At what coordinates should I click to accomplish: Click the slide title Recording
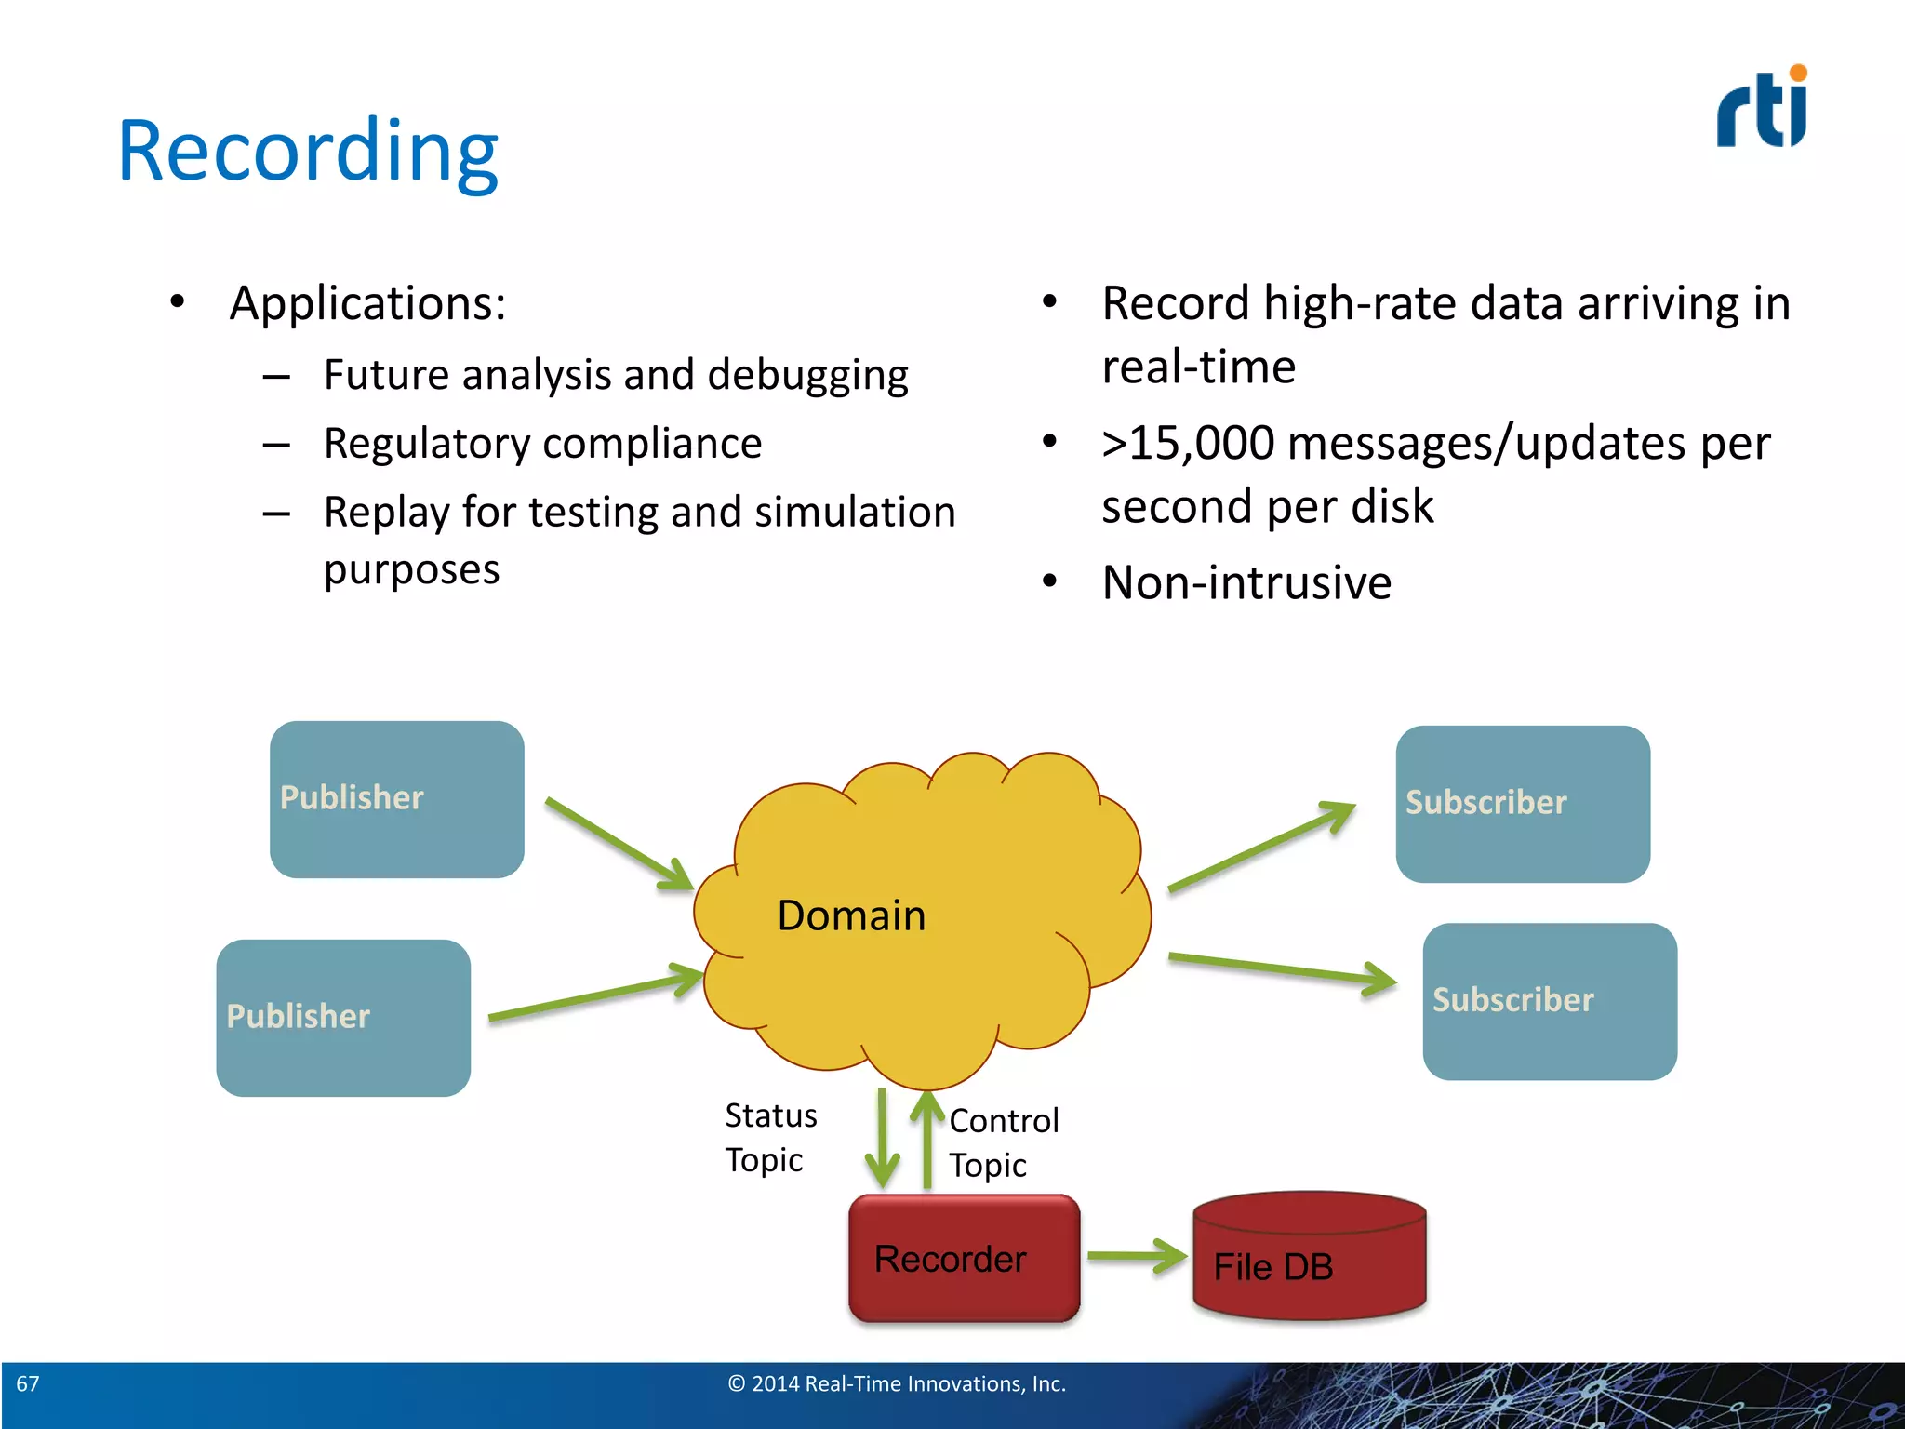(x=308, y=152)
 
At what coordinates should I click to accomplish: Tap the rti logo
(x=1762, y=108)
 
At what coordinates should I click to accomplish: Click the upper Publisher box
(x=396, y=799)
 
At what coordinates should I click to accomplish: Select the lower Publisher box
(x=343, y=1018)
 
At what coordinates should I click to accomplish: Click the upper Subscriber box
(x=1523, y=804)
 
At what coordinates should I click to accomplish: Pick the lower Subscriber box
(x=1550, y=1001)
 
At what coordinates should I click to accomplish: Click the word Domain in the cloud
(x=851, y=915)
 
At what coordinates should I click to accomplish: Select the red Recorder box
(x=964, y=1259)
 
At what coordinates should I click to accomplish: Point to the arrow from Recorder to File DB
(x=1137, y=1256)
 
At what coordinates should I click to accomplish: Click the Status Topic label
(x=770, y=1137)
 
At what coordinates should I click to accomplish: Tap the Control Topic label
(x=1003, y=1142)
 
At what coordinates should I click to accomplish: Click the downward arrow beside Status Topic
(x=882, y=1141)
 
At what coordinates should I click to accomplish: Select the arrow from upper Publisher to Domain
(x=618, y=843)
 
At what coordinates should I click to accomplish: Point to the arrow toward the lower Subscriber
(x=1282, y=969)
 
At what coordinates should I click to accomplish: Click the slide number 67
(x=28, y=1383)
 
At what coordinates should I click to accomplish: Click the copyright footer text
(x=897, y=1383)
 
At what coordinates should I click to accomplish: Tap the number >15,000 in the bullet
(x=1188, y=443)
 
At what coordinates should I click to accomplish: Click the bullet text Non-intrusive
(x=1246, y=583)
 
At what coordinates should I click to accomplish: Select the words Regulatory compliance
(x=542, y=444)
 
